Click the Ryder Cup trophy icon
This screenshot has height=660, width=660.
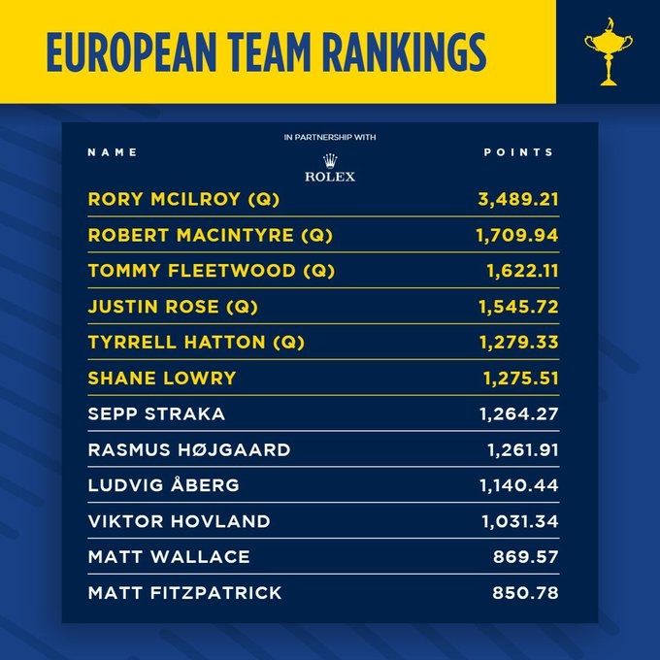[x=608, y=49]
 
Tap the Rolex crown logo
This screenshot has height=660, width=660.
[x=330, y=160]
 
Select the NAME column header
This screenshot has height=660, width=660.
[x=113, y=152]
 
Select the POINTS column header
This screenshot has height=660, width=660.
[x=518, y=152]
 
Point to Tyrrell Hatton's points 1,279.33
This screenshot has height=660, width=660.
[x=518, y=343]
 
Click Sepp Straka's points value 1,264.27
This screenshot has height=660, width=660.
[x=518, y=413]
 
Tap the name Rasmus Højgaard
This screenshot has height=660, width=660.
[x=188, y=449]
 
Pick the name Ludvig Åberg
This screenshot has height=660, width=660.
[x=162, y=485]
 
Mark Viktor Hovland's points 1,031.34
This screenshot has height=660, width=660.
[x=518, y=521]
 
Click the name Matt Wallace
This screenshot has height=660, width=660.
[x=169, y=557]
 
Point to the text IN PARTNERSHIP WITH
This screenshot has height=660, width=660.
[x=330, y=138]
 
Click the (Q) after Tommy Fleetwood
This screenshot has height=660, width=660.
[x=316, y=271]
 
